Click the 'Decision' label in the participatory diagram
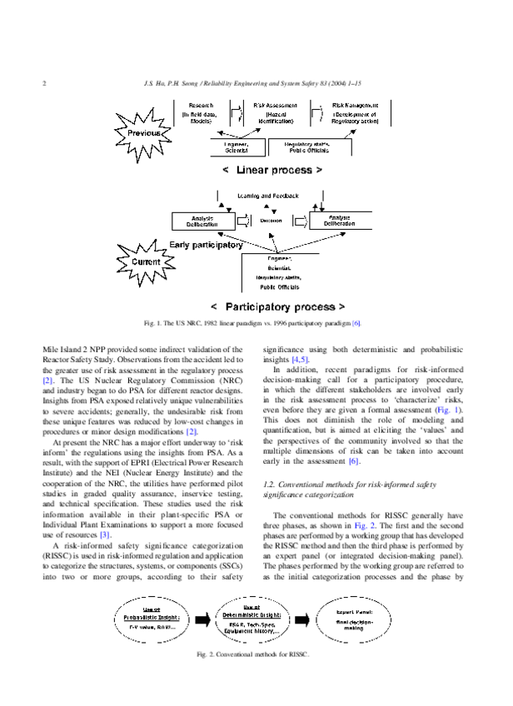271,221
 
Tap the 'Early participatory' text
206,245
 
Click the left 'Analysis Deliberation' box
202,221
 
